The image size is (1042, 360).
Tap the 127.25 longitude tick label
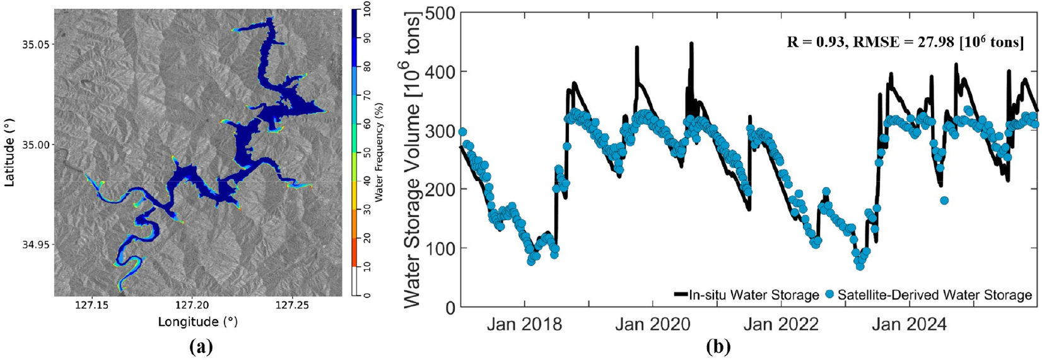point(291,306)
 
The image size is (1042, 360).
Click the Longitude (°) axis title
point(197,322)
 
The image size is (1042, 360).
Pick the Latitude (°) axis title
point(9,153)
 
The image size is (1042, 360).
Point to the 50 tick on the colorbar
point(367,152)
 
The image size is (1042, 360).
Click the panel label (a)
point(201,347)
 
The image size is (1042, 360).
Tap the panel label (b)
point(718,347)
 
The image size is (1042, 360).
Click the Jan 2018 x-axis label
point(524,324)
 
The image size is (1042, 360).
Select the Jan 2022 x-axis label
point(781,324)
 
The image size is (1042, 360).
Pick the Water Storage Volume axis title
point(411,160)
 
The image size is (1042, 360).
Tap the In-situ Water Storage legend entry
point(747,295)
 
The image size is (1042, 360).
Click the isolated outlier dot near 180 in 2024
point(944,200)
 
